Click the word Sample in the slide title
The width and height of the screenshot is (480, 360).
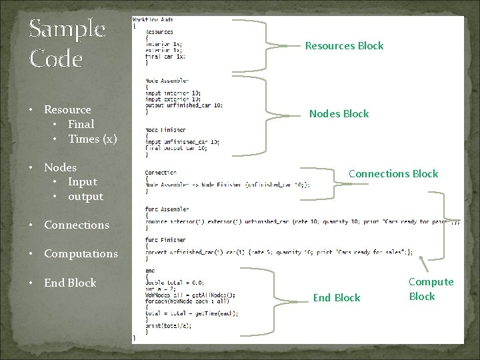pyautogui.click(x=67, y=29)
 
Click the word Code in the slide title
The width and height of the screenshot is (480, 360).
pyautogui.click(x=56, y=59)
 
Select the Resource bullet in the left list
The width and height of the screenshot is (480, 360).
pyautogui.click(x=67, y=109)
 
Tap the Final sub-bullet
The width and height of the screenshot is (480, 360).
pyautogui.click(x=81, y=124)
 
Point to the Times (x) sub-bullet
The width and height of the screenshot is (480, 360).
pyautogui.click(x=93, y=139)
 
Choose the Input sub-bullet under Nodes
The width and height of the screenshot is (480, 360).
pyautogui.click(x=82, y=181)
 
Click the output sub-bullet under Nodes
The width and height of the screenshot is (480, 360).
pyautogui.click(x=85, y=196)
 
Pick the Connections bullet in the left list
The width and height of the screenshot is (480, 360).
pyautogui.click(x=76, y=225)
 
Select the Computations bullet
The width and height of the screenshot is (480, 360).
pyautogui.click(x=81, y=253)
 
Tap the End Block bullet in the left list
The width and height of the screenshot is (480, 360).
pyautogui.click(x=70, y=283)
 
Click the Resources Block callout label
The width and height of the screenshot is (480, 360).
pyautogui.click(x=344, y=46)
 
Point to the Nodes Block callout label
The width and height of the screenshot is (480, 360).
pyautogui.click(x=339, y=114)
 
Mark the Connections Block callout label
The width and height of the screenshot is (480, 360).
pyautogui.click(x=393, y=174)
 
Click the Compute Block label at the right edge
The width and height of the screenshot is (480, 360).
pyautogui.click(x=431, y=289)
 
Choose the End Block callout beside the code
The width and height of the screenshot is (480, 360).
pyautogui.click(x=337, y=298)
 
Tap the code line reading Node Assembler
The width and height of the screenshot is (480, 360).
pyautogui.click(x=161, y=81)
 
